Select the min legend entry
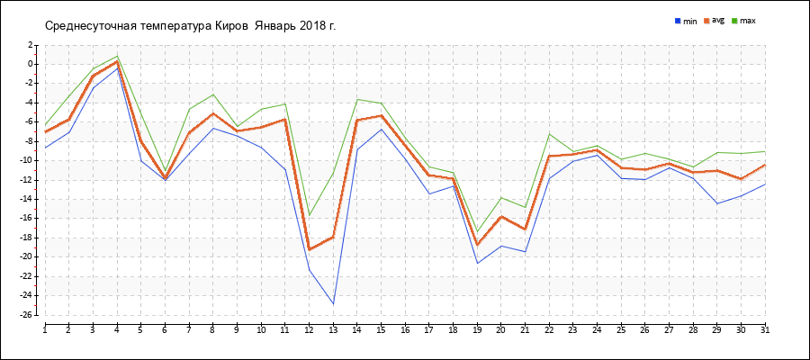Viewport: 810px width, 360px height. (x=686, y=20)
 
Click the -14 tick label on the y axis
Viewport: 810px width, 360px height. (x=29, y=199)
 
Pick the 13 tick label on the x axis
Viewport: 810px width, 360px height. (x=333, y=329)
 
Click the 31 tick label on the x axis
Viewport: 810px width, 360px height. (x=764, y=329)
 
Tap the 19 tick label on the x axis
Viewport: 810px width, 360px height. (x=477, y=329)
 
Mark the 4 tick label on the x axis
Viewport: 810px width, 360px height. (x=117, y=329)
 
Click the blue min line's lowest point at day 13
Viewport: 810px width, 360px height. (x=333, y=304)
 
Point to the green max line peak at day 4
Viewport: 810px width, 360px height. (x=117, y=56)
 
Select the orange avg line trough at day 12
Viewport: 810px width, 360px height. (x=309, y=249)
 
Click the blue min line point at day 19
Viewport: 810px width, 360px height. (x=477, y=263)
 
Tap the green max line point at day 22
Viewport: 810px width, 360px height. (x=549, y=133)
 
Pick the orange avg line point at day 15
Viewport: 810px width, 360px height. (x=382, y=115)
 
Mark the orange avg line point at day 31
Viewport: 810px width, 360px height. (x=764, y=165)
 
